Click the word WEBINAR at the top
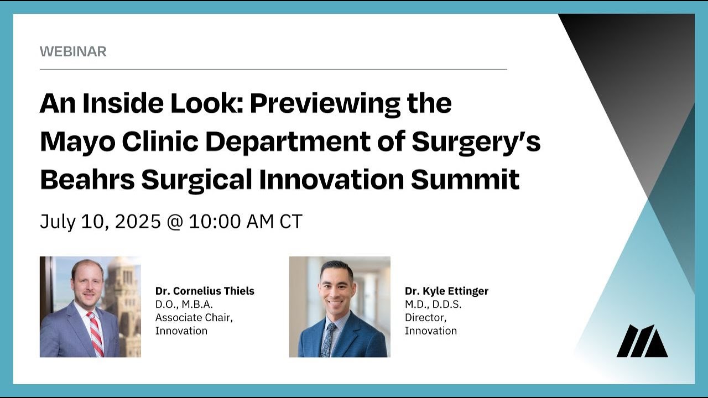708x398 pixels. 73,51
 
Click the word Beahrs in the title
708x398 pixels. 85,179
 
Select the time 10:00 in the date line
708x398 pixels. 214,222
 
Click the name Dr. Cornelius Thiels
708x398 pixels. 205,291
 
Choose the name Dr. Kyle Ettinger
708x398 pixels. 446,291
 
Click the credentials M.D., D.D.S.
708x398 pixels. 433,304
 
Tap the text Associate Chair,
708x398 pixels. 194,317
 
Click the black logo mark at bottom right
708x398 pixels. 642,341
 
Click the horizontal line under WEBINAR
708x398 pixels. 273,70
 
